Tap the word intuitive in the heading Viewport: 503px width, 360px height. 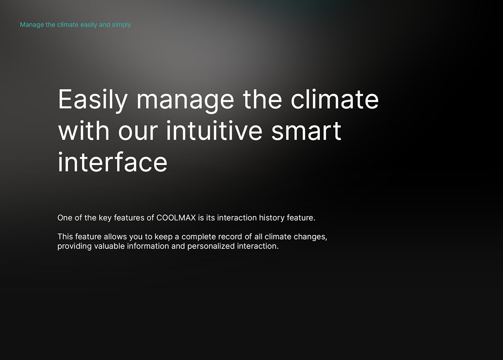point(214,131)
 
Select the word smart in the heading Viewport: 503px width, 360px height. point(306,131)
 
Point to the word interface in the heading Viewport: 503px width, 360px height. point(113,162)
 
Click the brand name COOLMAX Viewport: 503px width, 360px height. point(176,218)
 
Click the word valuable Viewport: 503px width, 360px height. point(109,246)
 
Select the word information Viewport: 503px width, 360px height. point(148,246)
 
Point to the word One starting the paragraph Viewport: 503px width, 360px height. point(65,218)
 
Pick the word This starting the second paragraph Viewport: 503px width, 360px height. point(65,237)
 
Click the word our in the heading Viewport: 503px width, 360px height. point(138,132)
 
